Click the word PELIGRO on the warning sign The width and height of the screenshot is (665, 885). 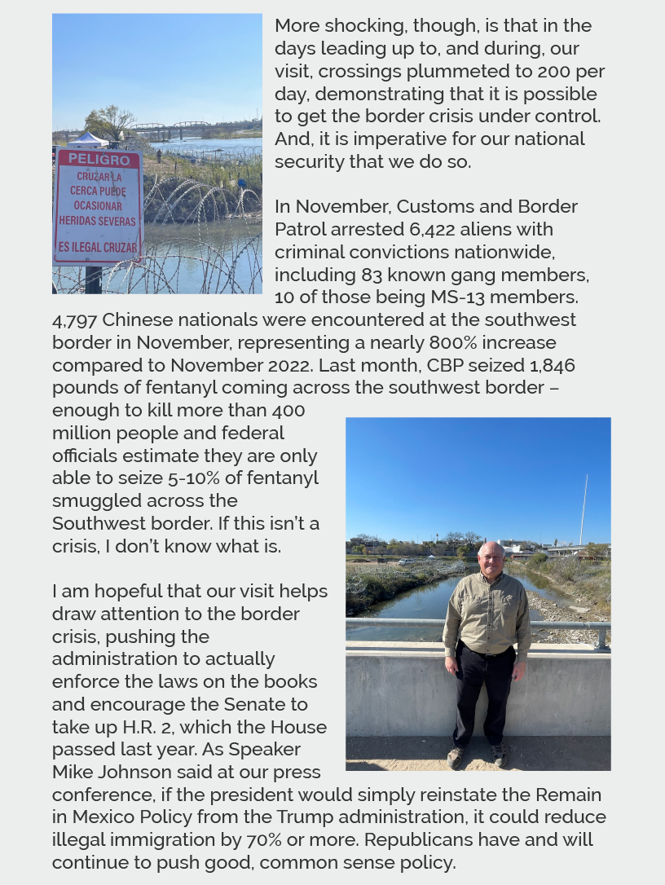(x=99, y=159)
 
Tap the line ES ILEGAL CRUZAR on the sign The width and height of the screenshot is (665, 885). (x=98, y=247)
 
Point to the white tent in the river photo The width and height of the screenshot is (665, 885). (x=87, y=140)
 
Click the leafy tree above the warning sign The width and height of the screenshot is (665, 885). (x=111, y=121)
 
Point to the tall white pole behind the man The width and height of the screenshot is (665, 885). (x=584, y=509)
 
